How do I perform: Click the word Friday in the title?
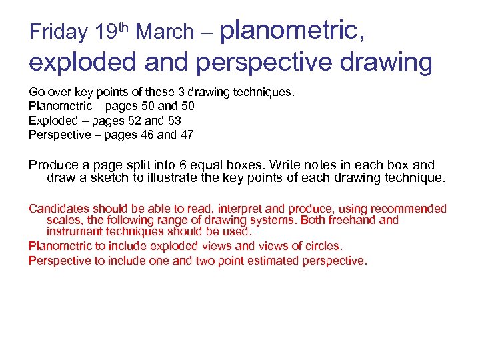pos(59,32)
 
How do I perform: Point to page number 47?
pos(187,134)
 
